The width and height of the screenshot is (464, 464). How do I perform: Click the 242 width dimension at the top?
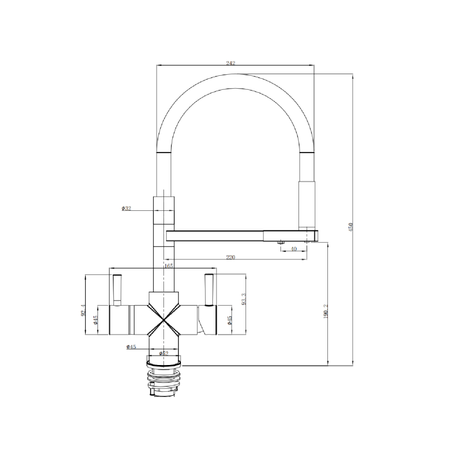[x=230, y=63]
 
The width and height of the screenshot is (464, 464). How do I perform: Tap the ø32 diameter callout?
[x=126, y=208]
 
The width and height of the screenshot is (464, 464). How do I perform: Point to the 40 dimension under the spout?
[x=294, y=248]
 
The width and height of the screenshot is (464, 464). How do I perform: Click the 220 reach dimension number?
[x=230, y=257]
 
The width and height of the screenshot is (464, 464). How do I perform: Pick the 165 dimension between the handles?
[x=168, y=266]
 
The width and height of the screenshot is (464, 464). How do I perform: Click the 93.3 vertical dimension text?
[x=244, y=298]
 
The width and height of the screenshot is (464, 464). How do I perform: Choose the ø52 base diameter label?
[x=163, y=353]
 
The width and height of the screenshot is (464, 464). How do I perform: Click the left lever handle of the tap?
[x=117, y=290]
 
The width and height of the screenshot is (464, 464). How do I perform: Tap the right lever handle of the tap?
[x=209, y=290]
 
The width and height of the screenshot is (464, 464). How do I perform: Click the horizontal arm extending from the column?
[x=217, y=236]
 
